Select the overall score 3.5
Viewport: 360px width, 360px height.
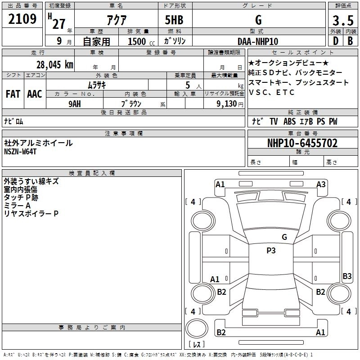click(342, 21)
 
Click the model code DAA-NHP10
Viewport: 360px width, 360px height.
click(258, 41)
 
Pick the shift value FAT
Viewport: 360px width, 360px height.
click(13, 94)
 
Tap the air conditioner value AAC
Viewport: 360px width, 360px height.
click(35, 94)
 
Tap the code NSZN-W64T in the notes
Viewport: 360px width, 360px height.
click(20, 152)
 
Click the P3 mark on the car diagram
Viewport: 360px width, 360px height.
click(271, 251)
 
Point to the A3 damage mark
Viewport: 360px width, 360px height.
click(321, 184)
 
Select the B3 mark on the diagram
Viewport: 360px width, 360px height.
click(347, 276)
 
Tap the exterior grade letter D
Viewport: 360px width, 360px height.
click(335, 41)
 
